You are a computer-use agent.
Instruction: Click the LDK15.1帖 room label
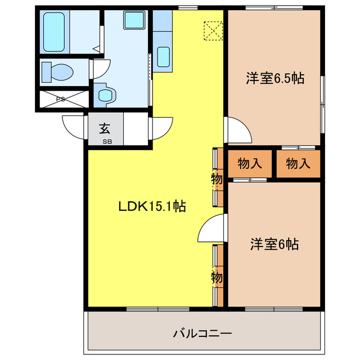pyautogui.click(x=152, y=206)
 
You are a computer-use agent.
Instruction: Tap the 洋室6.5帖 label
pyautogui.click(x=274, y=79)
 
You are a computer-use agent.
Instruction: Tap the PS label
pyautogui.click(x=60, y=100)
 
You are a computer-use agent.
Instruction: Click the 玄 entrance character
pyautogui.click(x=105, y=128)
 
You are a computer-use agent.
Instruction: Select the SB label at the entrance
pyautogui.click(x=106, y=141)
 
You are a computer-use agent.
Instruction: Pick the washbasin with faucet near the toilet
pyautogui.click(x=105, y=94)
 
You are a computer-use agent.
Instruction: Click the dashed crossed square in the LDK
pyautogui.click(x=213, y=30)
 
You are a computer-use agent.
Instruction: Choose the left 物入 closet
pyautogui.click(x=250, y=164)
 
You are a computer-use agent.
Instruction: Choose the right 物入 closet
pyautogui.click(x=298, y=164)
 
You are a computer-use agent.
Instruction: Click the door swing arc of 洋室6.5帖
pyautogui.click(x=238, y=132)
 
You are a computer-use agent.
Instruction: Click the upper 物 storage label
pyautogui.click(x=217, y=179)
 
